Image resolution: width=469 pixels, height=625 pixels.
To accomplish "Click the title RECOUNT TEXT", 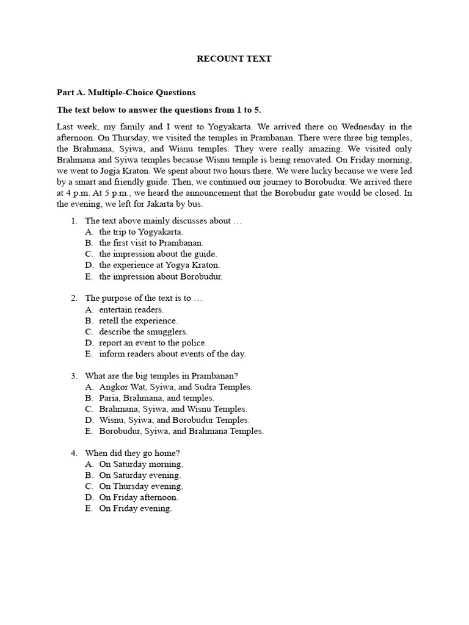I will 234,59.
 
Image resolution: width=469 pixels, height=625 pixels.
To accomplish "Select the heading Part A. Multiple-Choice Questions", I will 126,93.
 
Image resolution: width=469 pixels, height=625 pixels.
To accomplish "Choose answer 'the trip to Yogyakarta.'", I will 141,232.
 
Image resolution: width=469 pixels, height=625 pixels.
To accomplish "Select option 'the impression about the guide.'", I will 158,254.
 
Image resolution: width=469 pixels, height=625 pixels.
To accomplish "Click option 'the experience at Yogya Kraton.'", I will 159,265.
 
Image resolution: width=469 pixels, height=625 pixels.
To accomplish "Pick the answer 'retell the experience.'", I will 139,320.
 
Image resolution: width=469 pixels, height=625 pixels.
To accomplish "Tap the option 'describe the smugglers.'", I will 144,331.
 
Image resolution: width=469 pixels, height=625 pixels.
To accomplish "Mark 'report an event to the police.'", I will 153,342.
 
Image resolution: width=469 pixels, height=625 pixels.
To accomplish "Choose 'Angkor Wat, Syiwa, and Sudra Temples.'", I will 176,387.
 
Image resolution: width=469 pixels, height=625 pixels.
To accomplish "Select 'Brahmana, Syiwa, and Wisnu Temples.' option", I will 173,409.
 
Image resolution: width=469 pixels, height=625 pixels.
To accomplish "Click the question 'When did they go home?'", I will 133,453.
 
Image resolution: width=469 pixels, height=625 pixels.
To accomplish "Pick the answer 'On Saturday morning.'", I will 141,464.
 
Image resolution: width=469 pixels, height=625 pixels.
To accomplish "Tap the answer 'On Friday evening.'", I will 136,508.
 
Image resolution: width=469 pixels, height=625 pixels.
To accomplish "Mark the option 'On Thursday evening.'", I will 141,486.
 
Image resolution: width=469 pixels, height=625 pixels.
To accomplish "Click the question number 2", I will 73,298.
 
